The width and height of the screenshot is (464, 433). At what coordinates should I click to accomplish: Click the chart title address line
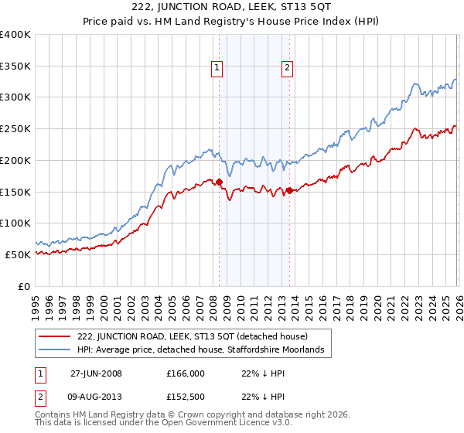tap(232, 7)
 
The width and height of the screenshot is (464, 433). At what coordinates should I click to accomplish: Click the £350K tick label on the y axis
tap(15, 66)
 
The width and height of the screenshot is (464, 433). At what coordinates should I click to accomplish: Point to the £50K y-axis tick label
tap(18, 254)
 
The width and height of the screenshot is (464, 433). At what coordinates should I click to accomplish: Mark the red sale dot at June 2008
tap(219, 182)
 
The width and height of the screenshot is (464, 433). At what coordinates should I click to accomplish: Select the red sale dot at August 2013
tap(289, 190)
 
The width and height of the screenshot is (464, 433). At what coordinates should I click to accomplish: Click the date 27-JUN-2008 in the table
tap(96, 373)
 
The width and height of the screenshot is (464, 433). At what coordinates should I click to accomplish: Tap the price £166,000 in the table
tap(185, 373)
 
